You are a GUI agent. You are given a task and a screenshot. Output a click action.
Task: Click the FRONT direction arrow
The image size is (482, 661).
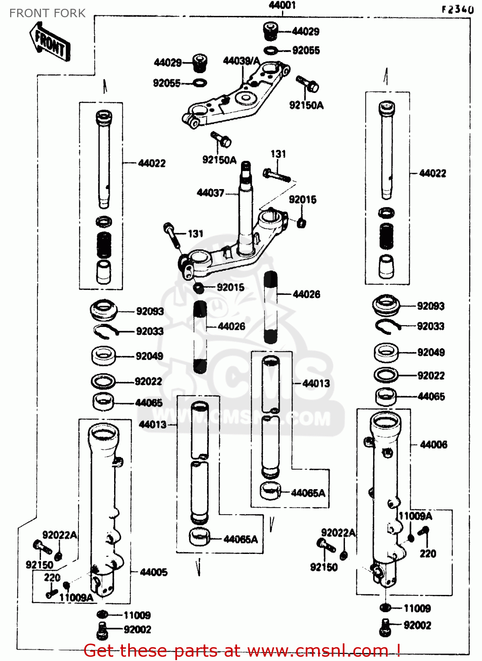[50, 41]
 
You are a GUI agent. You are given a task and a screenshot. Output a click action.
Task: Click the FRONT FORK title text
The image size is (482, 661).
[47, 13]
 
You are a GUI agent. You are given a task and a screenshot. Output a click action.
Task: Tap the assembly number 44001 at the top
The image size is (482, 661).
[282, 5]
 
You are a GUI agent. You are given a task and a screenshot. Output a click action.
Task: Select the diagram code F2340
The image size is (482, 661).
[458, 10]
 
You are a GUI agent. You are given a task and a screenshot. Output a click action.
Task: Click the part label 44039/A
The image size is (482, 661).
[241, 61]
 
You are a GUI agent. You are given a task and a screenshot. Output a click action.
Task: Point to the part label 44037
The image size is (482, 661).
[210, 193]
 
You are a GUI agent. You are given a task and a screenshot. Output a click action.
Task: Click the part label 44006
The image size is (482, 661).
[434, 445]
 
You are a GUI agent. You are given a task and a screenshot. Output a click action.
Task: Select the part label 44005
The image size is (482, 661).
[153, 572]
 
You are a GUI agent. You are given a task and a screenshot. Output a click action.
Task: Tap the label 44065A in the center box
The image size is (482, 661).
[308, 493]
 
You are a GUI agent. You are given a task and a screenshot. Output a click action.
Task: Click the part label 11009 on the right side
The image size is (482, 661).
[417, 609]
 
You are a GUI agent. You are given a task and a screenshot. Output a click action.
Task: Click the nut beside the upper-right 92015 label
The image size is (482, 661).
[301, 222]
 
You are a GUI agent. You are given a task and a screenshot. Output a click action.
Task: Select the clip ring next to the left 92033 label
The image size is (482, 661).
[105, 331]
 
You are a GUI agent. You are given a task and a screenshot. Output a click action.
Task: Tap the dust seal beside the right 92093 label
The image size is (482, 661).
[386, 305]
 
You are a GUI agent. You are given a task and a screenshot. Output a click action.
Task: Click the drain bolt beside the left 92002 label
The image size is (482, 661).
[102, 630]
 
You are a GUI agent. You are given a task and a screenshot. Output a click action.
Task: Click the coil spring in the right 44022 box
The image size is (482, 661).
[386, 236]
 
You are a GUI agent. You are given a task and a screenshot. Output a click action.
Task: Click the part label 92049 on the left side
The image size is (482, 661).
[149, 356]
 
